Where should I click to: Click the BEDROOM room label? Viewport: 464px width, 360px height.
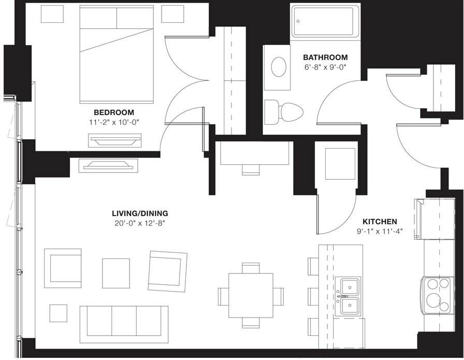point(113,112)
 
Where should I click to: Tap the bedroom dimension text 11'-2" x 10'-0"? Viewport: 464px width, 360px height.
point(113,122)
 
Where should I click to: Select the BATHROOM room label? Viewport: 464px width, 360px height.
point(325,57)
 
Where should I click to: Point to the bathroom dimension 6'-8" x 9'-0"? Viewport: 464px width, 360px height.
point(325,67)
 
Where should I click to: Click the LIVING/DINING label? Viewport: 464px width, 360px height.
point(140,213)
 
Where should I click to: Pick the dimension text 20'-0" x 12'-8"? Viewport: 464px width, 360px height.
point(140,223)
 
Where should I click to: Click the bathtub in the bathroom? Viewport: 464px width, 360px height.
point(325,21)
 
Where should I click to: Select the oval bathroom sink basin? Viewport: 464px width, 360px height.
point(279,67)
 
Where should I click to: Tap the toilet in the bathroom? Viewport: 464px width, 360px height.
point(285,110)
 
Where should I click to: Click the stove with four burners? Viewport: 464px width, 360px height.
point(437,295)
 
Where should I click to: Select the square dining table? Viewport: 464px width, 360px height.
point(251,296)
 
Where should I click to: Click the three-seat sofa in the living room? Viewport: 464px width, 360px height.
point(124,320)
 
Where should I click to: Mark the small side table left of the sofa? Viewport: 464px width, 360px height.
point(58,313)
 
